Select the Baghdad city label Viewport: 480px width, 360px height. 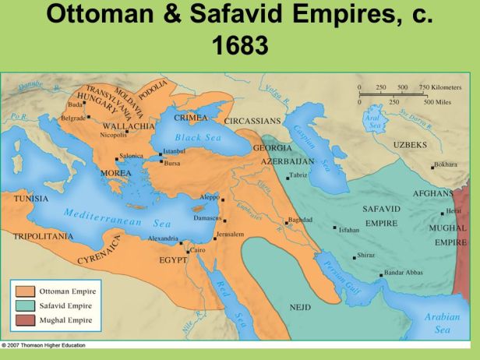pyautogui.click(x=301, y=220)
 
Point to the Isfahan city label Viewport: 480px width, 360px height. pyautogui.click(x=349, y=230)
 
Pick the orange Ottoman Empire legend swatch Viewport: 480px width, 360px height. pyautogui.click(x=23, y=291)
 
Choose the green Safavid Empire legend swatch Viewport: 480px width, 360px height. pyautogui.click(x=23, y=305)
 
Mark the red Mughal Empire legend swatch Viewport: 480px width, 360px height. pyautogui.click(x=23, y=319)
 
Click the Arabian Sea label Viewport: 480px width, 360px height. pyautogui.click(x=443, y=323)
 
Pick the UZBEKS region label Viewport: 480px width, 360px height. pyautogui.click(x=410, y=145)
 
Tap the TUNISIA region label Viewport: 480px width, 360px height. pyautogui.click(x=31, y=199)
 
